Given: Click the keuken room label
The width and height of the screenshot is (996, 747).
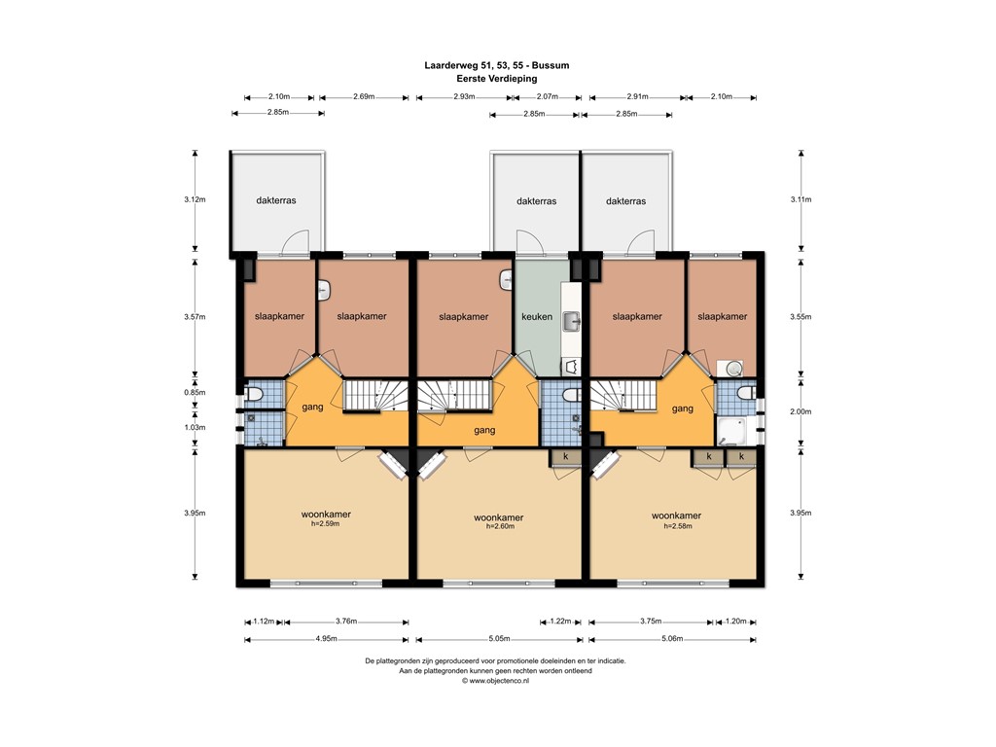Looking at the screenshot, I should (x=537, y=316).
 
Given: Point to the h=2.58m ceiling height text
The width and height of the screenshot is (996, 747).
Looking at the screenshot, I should (x=676, y=526).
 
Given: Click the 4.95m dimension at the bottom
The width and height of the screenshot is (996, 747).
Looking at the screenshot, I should (x=326, y=639).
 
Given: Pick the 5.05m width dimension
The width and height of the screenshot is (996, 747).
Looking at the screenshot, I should (x=498, y=639).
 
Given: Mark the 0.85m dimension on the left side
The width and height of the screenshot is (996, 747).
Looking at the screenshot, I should (x=195, y=392).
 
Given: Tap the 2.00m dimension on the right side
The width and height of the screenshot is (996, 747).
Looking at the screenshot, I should (x=800, y=411).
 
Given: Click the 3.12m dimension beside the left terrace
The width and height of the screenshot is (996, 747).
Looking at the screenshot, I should (x=195, y=199).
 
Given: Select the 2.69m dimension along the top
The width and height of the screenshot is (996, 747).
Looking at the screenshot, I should (x=363, y=97).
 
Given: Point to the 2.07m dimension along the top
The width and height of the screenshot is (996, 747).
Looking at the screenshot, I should (x=549, y=97).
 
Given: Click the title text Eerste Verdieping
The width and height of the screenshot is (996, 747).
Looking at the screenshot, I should (x=497, y=78).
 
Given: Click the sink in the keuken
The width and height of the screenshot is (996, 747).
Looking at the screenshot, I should (x=572, y=319).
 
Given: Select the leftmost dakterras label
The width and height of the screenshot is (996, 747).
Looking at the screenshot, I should (x=276, y=200).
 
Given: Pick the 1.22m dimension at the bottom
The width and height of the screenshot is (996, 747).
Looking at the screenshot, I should (x=560, y=622).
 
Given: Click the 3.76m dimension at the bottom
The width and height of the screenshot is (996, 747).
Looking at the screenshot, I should (x=345, y=622).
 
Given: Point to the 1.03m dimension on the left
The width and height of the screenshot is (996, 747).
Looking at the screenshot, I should (x=195, y=427).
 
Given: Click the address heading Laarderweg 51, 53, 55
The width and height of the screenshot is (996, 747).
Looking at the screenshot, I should (x=497, y=65).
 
